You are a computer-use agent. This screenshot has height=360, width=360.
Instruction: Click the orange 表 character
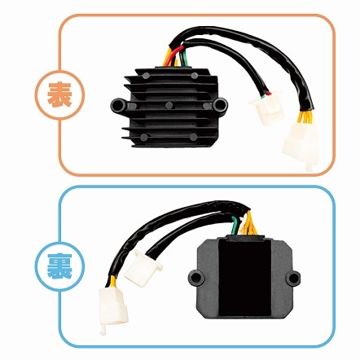click(x=59, y=94)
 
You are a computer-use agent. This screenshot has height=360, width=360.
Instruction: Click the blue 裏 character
click(x=59, y=266)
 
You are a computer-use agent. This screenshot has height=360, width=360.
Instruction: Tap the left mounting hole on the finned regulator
click(x=117, y=105)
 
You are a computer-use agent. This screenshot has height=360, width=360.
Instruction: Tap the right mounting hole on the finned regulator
click(x=221, y=104)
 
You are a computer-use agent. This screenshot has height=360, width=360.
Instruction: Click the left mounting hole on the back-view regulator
click(x=195, y=278)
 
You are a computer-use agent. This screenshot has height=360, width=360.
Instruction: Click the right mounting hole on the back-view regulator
click(x=294, y=278)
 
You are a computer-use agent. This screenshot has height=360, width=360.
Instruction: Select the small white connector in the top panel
click(x=265, y=108)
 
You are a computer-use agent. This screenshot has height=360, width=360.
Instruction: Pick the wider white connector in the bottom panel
click(x=143, y=268)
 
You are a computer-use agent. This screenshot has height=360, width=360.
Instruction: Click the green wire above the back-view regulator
click(x=233, y=226)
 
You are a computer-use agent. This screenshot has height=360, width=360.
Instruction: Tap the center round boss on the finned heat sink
click(x=169, y=105)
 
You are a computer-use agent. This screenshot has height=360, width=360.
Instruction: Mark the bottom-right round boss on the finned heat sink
click(x=193, y=137)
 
